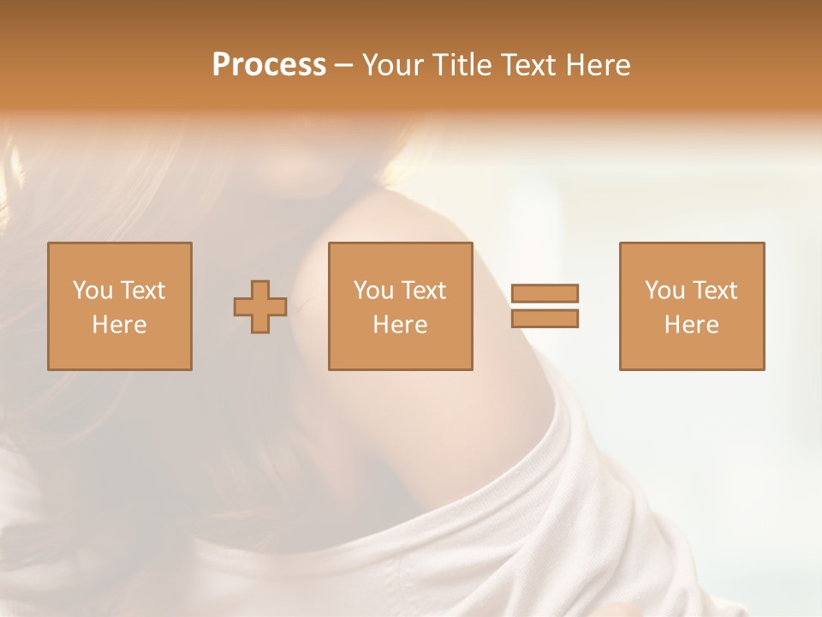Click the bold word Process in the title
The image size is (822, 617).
[x=269, y=65]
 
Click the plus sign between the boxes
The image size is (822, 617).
[x=260, y=307]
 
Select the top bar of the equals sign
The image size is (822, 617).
[x=545, y=294]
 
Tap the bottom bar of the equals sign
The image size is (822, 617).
[x=545, y=319]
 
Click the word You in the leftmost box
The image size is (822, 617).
[x=92, y=291]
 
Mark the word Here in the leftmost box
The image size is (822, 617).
[x=119, y=325]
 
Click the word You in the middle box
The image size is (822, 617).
[x=373, y=291]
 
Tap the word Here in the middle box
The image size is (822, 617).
[x=400, y=325]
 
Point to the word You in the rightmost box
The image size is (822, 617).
[x=664, y=291]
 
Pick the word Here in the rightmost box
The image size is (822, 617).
[x=691, y=325]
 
